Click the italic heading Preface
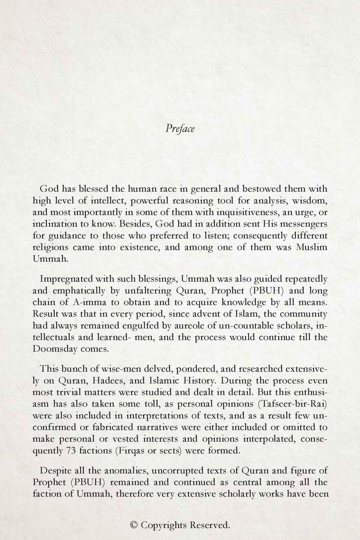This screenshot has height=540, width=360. point(180,129)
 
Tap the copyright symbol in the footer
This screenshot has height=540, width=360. point(134,525)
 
